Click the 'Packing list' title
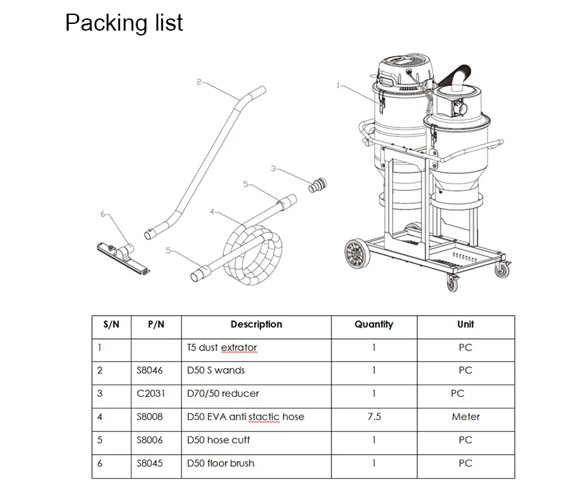123,23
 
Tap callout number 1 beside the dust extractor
338,86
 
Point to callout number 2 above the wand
198,83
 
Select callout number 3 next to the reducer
273,168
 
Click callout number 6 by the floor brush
103,214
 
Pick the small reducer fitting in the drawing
317,185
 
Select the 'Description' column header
256,325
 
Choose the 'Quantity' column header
374,325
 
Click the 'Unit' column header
465,325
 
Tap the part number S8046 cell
149,370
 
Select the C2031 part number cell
150,393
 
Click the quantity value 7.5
374,417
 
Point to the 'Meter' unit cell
465,417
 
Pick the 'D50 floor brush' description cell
220,463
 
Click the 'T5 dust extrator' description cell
222,348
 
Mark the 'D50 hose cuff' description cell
218,440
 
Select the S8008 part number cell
149,417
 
